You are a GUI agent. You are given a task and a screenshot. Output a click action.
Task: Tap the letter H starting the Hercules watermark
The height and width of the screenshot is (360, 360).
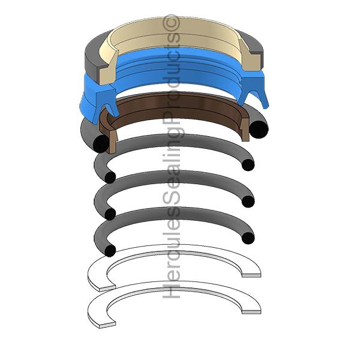[x=171, y=291]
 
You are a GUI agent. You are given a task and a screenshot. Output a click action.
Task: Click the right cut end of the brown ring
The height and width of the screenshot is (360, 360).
[x=245, y=130]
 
